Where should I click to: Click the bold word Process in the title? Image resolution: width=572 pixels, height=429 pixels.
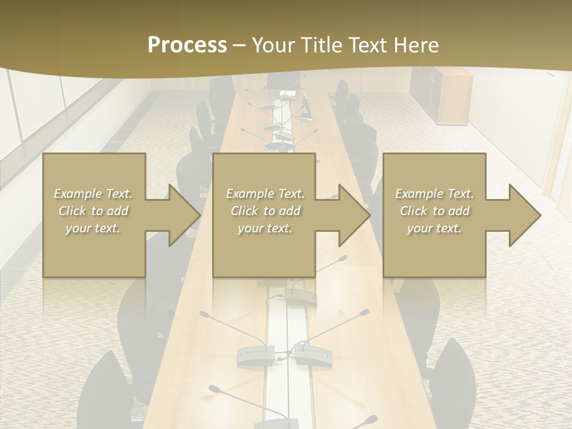[187, 45]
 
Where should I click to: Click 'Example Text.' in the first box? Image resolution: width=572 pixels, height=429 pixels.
[93, 194]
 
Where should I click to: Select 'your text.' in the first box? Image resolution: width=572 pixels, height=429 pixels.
[93, 228]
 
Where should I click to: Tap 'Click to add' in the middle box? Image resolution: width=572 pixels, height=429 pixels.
[265, 211]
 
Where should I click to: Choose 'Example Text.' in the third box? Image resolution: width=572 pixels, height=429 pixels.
[434, 194]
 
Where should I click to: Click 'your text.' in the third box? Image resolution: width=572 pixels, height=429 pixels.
[434, 228]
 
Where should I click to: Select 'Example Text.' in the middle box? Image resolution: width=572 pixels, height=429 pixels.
[265, 194]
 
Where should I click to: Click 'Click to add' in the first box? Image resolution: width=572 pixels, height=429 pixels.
[93, 211]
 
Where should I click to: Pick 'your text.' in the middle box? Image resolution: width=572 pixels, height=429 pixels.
[265, 228]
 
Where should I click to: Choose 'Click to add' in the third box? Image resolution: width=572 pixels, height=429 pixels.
[434, 211]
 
